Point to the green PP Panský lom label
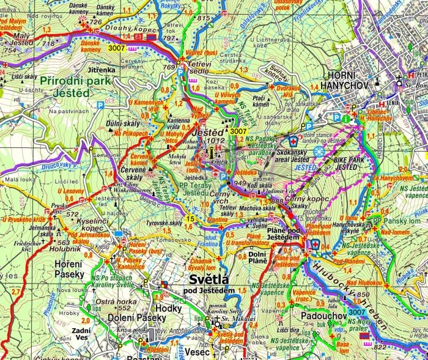point(394,220)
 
